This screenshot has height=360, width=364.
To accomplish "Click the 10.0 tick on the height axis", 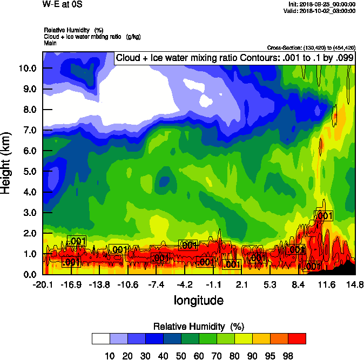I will (29, 69).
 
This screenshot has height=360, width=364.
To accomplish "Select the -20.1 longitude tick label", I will (43, 284).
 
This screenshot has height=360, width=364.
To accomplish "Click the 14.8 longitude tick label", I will (355, 284).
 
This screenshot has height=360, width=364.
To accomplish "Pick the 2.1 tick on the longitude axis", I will (241, 284).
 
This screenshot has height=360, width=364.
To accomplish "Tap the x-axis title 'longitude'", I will (198, 300).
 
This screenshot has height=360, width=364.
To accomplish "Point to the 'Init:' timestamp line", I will (322, 4).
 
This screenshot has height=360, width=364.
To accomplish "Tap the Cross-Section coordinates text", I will (311, 48).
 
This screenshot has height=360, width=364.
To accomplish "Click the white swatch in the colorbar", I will (101, 339).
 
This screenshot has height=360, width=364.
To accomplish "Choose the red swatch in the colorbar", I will (297, 339).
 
